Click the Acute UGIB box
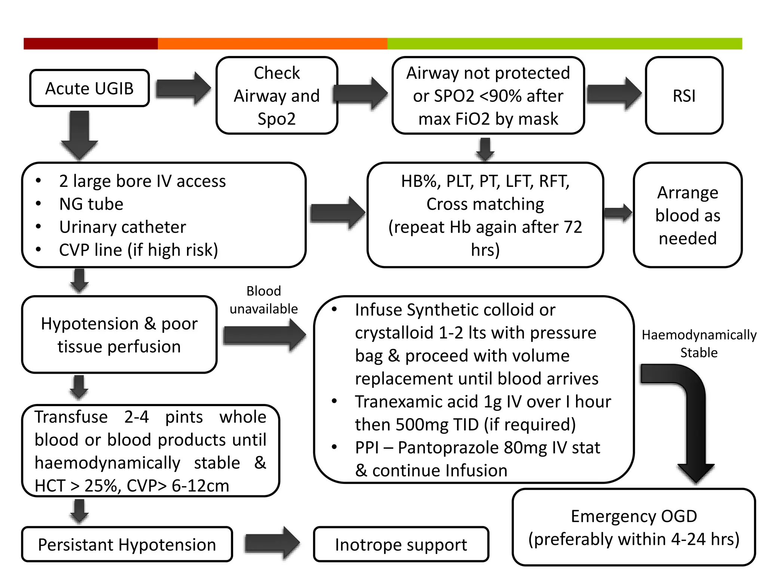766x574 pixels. (89, 88)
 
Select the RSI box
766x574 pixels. (684, 96)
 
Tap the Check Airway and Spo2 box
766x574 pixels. (277, 96)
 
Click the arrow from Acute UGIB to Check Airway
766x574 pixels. (183, 89)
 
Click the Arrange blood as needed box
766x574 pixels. (687, 215)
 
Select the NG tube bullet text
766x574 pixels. (91, 204)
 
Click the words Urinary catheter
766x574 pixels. (122, 227)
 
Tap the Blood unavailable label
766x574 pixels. (263, 300)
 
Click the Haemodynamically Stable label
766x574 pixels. (699, 343)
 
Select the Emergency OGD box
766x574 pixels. (634, 527)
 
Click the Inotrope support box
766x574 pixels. (401, 544)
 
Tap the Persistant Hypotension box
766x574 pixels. (127, 544)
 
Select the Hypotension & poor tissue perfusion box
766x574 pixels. (119, 335)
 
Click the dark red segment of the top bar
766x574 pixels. (91, 43)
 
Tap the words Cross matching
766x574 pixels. (485, 204)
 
